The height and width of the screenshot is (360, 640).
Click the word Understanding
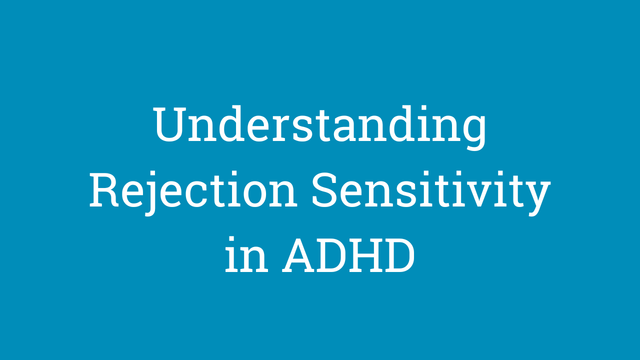(320, 127)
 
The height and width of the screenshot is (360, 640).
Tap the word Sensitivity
(431, 193)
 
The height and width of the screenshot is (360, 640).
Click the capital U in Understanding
(169, 124)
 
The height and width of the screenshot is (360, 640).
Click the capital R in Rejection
(104, 190)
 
